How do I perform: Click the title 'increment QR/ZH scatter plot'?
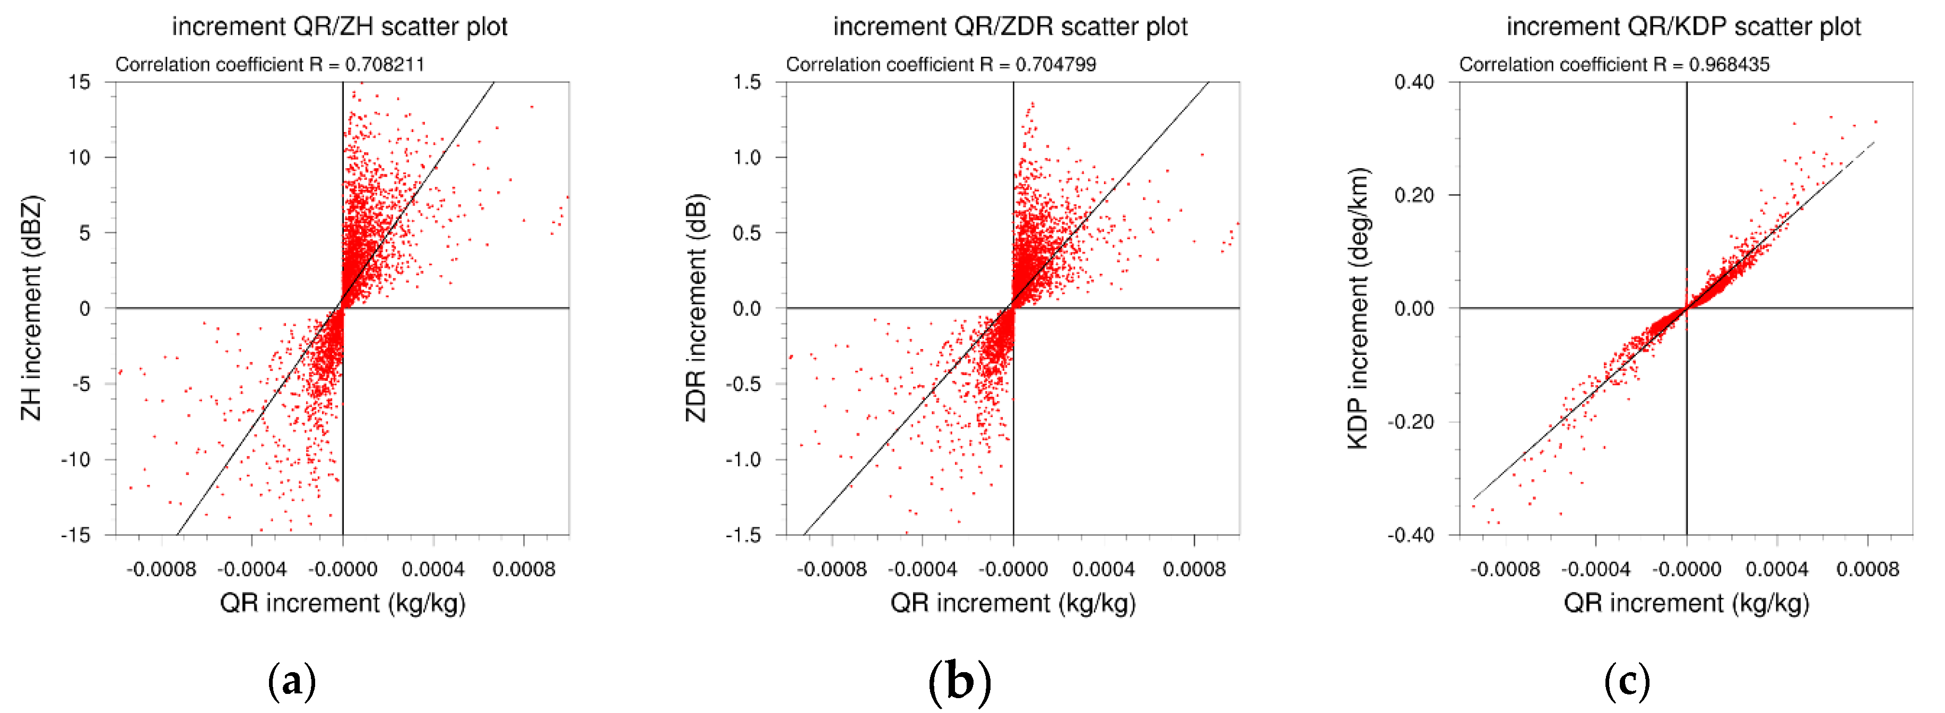[339, 27]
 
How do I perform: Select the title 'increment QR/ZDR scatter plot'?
[1010, 27]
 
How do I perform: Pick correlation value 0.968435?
[1729, 65]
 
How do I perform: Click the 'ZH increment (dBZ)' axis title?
[31, 308]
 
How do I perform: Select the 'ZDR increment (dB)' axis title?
[696, 308]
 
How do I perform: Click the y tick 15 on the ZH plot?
[79, 82]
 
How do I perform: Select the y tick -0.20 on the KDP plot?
[1410, 421]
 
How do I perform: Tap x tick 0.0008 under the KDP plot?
[1867, 569]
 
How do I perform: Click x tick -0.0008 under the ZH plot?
[161, 569]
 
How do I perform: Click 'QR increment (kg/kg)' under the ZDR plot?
[1012, 603]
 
